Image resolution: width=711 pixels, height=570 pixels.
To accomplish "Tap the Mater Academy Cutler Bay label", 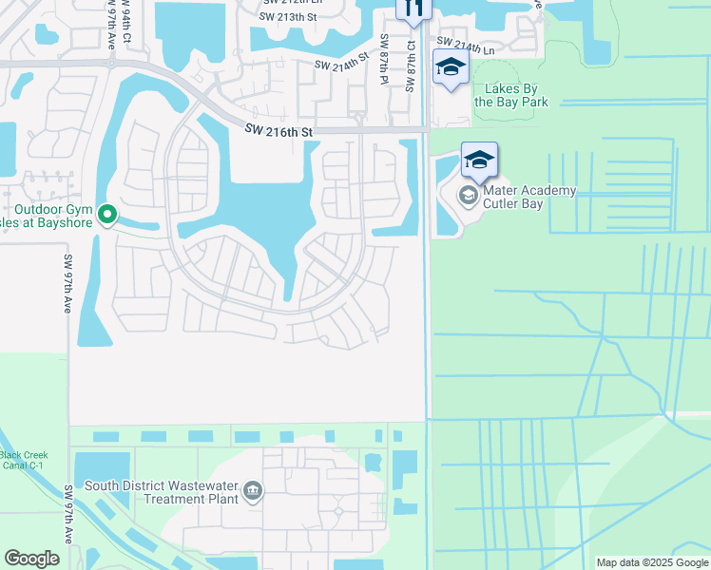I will coord(529,197).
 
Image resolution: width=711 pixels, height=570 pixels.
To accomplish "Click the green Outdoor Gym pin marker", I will coord(107,216).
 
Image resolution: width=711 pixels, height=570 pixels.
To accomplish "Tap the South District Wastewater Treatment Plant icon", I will coord(253,491).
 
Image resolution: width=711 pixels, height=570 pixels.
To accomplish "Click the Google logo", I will coord(31,559).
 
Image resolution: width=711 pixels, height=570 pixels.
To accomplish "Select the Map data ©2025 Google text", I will coord(651,562).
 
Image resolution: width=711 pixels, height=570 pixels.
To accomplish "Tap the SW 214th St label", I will coord(341,65).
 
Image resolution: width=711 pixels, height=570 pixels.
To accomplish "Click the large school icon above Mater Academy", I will coord(480,160).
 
